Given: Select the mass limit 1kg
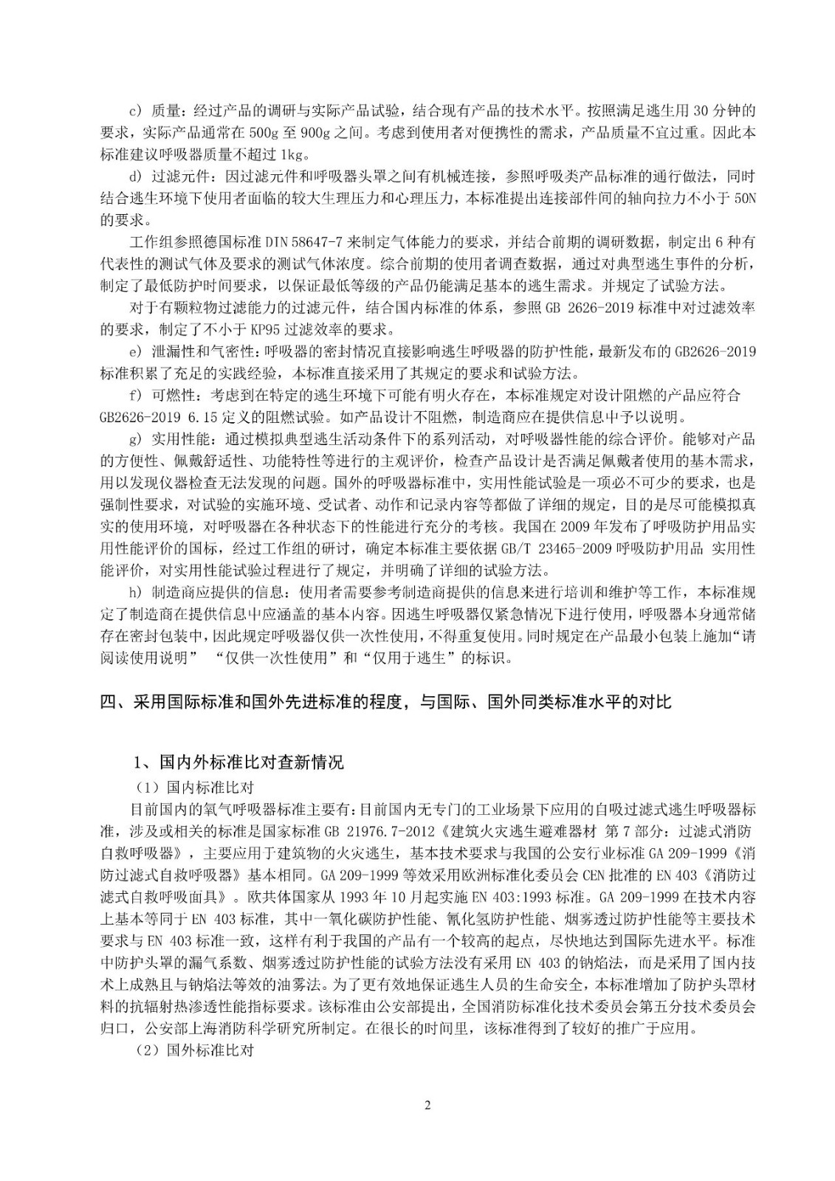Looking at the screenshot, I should pos(291,154).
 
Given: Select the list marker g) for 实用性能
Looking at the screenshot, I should pos(135,440).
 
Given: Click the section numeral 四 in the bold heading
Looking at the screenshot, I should pos(108,702).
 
